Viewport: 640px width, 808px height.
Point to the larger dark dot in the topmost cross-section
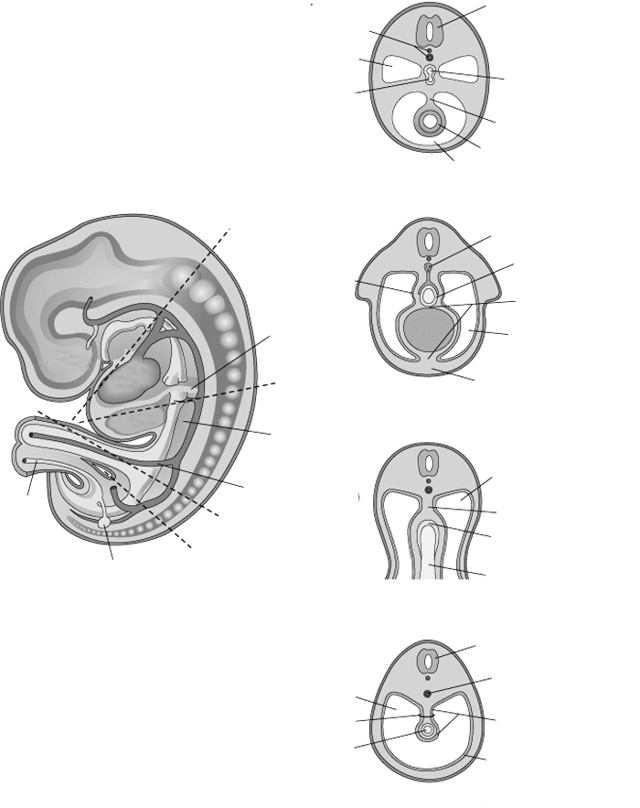pos(430,57)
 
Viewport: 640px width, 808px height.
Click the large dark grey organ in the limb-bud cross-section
pos(429,332)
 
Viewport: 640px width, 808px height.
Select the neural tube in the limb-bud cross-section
pos(429,243)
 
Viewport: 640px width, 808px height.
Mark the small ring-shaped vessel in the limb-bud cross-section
pos(429,268)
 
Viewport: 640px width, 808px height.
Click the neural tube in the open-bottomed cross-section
pos(428,463)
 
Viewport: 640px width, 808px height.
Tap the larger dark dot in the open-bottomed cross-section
pos(428,490)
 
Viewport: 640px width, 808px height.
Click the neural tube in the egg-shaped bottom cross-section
pos(428,663)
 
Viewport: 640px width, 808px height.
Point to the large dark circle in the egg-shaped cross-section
pos(428,695)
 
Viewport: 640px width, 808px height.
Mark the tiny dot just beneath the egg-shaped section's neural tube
pos(428,680)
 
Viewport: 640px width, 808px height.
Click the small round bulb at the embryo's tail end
pos(106,521)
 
